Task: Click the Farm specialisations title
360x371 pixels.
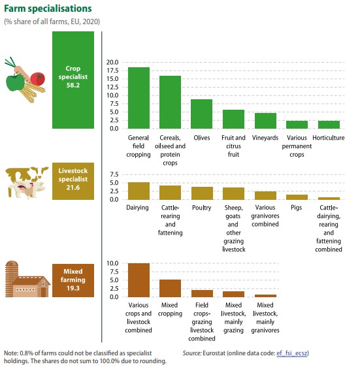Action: [48, 8]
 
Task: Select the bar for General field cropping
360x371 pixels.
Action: [139, 98]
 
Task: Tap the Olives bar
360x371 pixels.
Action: [202, 114]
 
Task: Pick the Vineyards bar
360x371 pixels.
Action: [265, 121]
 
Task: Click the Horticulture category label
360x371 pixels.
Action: [328, 138]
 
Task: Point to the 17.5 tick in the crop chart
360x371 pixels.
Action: [112, 71]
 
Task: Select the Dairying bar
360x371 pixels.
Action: [139, 191]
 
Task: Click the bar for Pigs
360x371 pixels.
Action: [297, 197]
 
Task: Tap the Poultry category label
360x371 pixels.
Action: [201, 208]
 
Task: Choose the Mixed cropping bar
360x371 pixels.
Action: [170, 288]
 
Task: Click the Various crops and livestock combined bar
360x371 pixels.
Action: [139, 280]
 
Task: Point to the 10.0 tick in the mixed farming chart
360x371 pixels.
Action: [112, 263]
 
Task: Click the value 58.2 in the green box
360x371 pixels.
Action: [73, 85]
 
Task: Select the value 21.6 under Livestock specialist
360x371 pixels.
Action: [73, 187]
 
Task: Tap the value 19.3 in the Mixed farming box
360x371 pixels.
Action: [73, 288]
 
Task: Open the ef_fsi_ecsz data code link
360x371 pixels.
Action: [292, 353]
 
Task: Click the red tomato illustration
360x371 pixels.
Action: [37, 79]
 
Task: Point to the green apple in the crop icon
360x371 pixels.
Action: [15, 82]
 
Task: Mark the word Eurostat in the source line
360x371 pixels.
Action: [214, 353]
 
